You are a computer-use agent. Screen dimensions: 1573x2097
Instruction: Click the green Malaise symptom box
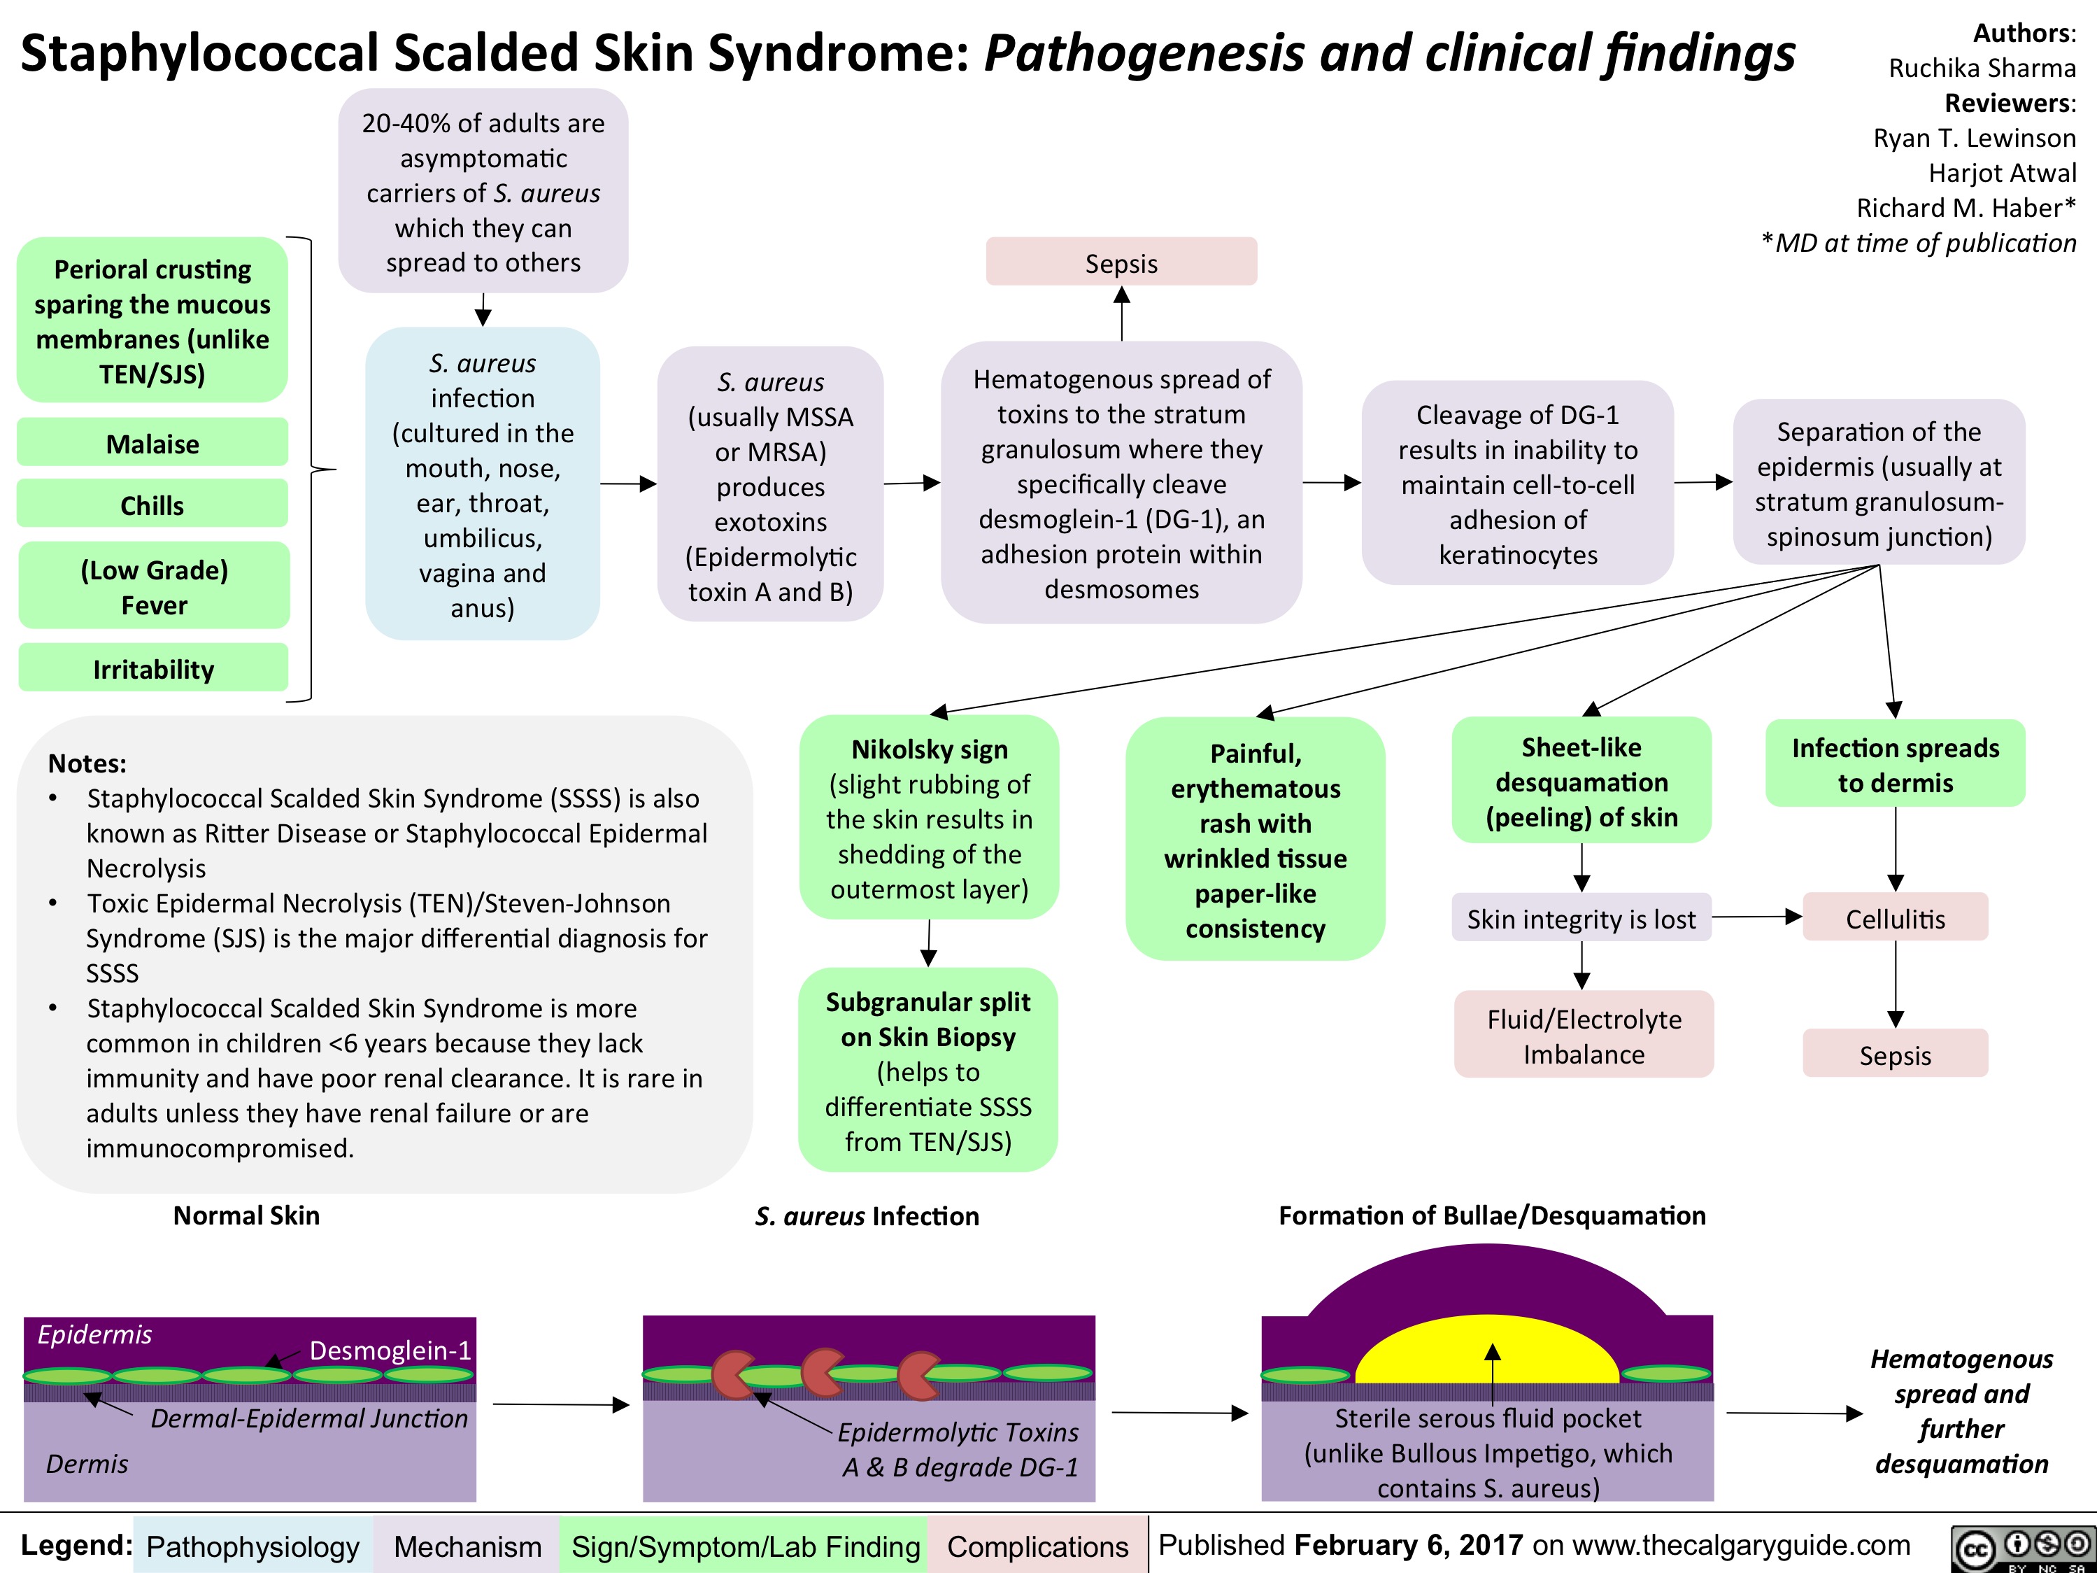152,443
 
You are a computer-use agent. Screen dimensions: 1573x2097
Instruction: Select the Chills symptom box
152,505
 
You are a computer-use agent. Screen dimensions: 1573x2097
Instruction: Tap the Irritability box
152,668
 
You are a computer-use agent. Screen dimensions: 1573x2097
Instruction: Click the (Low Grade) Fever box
154,587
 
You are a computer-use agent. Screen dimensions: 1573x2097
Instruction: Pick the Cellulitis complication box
1894,918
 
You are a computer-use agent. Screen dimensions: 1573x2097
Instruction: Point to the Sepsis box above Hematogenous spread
1121,262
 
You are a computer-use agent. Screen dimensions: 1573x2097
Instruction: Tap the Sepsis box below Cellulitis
1894,1054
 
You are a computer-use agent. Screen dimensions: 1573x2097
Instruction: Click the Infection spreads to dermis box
1894,764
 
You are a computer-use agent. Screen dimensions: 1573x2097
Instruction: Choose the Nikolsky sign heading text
929,749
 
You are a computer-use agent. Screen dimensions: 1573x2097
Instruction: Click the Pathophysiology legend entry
253,1546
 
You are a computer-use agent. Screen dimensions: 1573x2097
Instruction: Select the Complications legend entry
1037,1546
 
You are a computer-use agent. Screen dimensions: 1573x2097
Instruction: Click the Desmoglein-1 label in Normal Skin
390,1349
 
